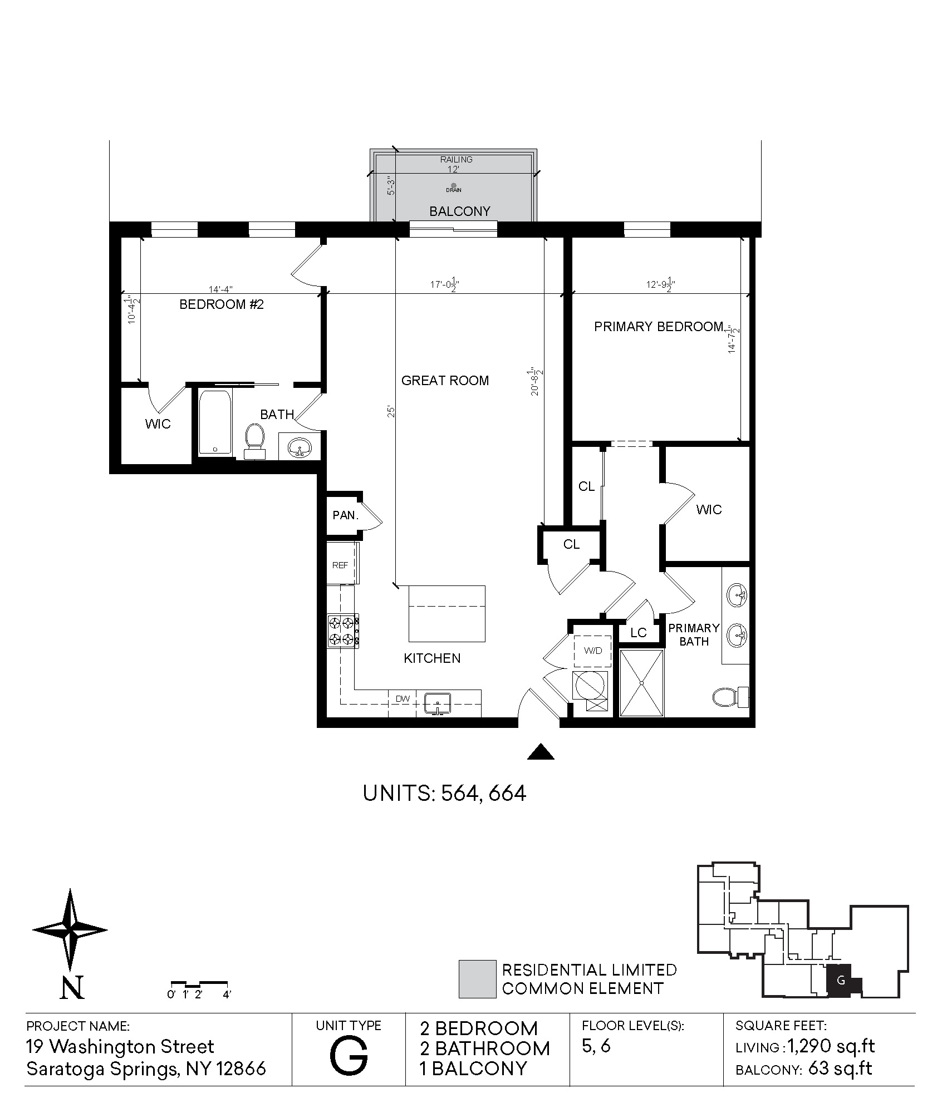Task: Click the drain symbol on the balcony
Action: (x=453, y=185)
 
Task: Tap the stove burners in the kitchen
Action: (x=342, y=631)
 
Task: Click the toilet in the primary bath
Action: (x=731, y=697)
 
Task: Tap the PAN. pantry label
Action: (x=345, y=515)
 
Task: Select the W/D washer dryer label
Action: (x=593, y=651)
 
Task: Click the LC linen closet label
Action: (x=639, y=633)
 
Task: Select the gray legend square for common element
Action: (x=477, y=979)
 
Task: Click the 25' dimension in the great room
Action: (x=391, y=412)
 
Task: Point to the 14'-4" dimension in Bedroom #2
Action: (x=220, y=289)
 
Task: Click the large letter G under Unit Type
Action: (x=349, y=1056)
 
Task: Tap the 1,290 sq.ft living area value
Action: (x=831, y=1047)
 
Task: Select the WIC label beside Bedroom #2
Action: (x=158, y=424)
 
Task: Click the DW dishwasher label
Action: (x=402, y=698)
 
